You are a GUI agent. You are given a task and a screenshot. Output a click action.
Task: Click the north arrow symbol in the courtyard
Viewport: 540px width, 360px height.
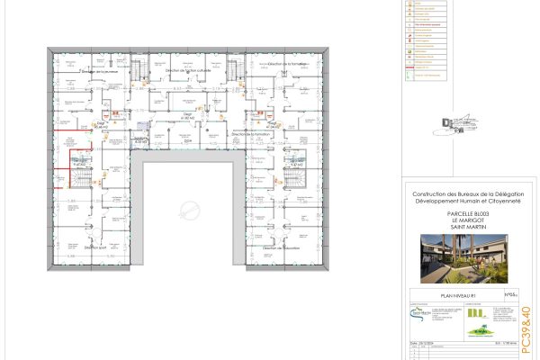pos(189,212)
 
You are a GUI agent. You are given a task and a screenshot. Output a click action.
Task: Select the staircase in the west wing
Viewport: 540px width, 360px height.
pos(79,179)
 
